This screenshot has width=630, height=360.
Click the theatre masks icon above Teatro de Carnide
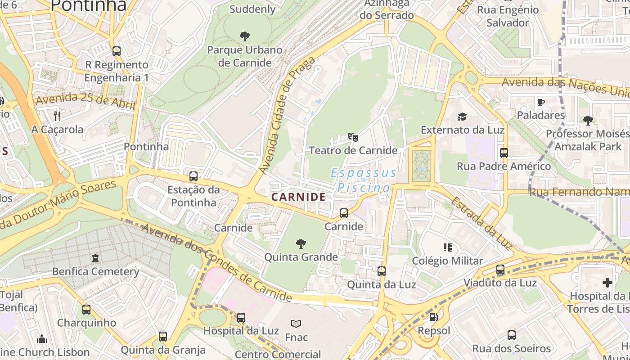(353, 137)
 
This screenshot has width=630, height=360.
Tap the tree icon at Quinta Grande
(301, 244)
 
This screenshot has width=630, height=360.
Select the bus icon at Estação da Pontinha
(193, 176)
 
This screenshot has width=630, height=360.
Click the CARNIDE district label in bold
(298, 197)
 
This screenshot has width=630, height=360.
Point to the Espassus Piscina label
(364, 180)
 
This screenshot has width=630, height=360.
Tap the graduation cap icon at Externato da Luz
(462, 117)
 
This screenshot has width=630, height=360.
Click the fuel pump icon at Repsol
(433, 317)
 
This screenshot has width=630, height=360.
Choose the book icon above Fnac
(296, 324)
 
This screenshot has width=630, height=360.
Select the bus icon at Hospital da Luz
(241, 317)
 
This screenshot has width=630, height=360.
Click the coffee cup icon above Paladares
(540, 102)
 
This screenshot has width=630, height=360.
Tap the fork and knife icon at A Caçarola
(57, 116)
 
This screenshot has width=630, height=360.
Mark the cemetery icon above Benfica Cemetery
(95, 258)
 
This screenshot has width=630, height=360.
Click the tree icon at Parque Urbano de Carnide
(245, 36)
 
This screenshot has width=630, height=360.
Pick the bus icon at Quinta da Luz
(382, 271)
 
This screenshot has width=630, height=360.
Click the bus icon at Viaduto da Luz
(500, 270)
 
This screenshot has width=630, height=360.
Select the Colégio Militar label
(447, 261)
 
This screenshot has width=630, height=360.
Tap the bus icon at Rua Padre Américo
(504, 153)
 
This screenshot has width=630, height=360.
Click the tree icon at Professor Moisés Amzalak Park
(588, 120)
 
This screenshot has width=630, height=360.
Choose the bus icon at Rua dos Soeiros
(512, 335)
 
